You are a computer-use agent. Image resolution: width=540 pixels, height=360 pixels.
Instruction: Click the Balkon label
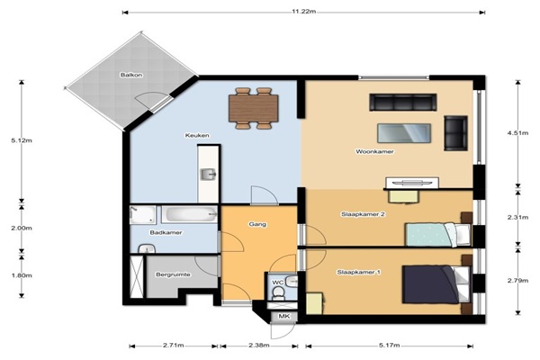click(x=131, y=75)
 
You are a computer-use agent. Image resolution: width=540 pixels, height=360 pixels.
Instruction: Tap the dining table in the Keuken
click(x=254, y=108)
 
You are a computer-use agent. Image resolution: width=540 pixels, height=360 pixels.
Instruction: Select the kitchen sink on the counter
click(x=208, y=175)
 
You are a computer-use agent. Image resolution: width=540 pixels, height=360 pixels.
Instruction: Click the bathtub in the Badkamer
click(x=189, y=214)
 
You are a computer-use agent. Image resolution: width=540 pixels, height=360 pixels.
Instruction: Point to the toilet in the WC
click(x=277, y=293)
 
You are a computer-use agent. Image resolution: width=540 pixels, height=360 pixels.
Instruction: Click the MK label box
click(x=283, y=316)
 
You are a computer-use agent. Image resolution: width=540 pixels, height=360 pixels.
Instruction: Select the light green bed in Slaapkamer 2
click(x=437, y=235)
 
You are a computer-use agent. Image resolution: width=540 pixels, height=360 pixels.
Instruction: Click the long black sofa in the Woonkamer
click(x=403, y=103)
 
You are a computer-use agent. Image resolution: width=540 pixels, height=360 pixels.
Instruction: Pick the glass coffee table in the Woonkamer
click(x=404, y=133)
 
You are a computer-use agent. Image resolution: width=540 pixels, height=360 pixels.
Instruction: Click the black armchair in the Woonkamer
click(x=455, y=133)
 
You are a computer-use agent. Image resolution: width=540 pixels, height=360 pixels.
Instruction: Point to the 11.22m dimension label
click(x=304, y=12)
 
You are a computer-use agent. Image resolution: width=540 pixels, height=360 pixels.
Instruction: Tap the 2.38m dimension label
click(x=258, y=346)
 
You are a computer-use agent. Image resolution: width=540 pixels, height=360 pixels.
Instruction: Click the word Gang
click(x=257, y=224)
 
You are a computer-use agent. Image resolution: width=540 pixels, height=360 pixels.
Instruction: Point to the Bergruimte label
click(x=173, y=274)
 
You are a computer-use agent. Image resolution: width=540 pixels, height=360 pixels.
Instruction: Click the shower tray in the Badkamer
click(x=142, y=214)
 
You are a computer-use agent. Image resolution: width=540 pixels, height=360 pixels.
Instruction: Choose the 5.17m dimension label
click(x=389, y=346)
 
